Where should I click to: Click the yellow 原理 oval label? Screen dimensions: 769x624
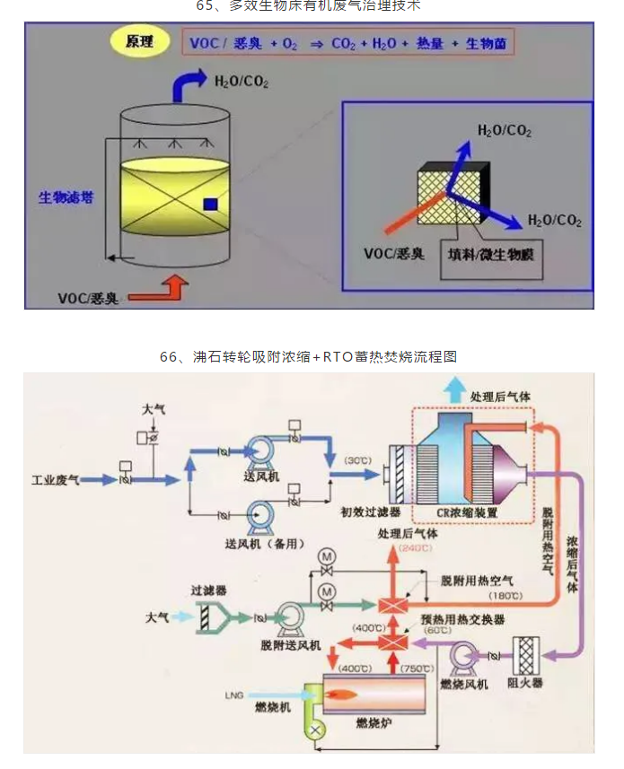pyautogui.click(x=138, y=42)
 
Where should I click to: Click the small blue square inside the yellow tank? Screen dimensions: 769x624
pyautogui.click(x=209, y=204)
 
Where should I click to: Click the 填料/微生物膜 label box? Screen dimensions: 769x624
pyautogui.click(x=490, y=255)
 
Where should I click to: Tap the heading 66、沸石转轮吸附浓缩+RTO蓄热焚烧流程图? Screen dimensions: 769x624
pyautogui.click(x=309, y=356)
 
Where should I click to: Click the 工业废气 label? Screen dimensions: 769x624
pyautogui.click(x=56, y=481)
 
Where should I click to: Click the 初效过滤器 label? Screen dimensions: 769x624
pyautogui.click(x=371, y=512)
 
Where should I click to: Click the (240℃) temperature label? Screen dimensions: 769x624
pyautogui.click(x=415, y=548)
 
